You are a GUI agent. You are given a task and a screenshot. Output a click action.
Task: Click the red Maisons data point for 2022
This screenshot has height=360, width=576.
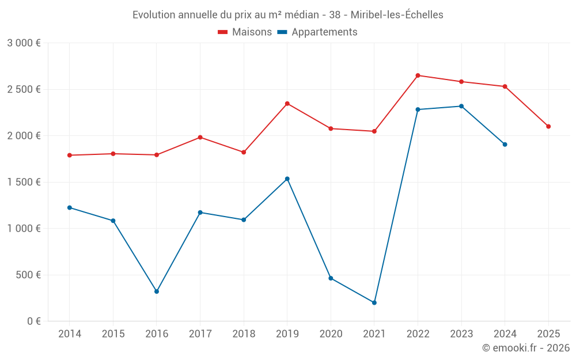[x=418, y=75]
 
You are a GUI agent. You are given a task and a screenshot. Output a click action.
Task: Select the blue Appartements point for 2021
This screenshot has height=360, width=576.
[x=374, y=302]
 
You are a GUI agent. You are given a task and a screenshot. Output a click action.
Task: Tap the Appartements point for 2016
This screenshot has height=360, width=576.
[x=157, y=291]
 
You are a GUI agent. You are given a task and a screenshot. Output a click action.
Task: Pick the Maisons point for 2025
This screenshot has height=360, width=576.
[x=548, y=126]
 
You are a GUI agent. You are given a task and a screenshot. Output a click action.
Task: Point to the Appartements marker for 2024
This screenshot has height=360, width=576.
[x=505, y=144]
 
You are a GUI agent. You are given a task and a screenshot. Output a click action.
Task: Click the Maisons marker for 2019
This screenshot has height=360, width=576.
[x=287, y=104]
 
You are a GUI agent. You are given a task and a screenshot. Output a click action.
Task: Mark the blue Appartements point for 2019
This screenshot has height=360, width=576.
[x=287, y=179]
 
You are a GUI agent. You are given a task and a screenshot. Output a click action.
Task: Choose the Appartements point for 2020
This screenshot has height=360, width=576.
[x=331, y=278]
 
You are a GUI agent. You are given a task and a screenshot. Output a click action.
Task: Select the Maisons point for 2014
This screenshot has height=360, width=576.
[x=70, y=155]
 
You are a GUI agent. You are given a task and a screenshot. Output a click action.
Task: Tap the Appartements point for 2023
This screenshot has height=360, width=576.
[x=461, y=106]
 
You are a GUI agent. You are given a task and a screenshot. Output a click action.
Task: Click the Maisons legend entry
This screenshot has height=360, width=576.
[x=245, y=32]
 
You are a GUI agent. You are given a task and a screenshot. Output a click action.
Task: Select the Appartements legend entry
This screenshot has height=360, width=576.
[x=317, y=32]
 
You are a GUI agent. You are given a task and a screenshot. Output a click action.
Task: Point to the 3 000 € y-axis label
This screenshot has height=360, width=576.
[x=24, y=43]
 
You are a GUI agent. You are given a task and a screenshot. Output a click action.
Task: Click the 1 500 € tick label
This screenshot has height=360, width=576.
[x=24, y=182]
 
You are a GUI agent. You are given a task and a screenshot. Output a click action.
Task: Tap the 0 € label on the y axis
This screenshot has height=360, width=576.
[x=33, y=321]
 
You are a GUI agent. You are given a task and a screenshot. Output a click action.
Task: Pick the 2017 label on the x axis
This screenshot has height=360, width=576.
[x=200, y=334]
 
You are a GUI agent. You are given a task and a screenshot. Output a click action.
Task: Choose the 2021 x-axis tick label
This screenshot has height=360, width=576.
[x=374, y=334]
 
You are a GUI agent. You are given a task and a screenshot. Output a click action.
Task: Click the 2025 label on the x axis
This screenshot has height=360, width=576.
[x=548, y=334]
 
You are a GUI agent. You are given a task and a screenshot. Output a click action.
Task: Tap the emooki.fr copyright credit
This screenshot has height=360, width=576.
[x=526, y=348]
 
